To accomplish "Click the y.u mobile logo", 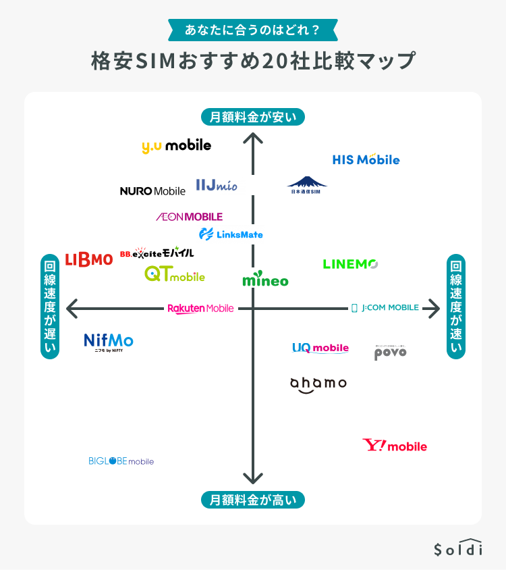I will click(176, 146).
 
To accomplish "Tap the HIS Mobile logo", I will click(366, 159).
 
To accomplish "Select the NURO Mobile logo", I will click(152, 191).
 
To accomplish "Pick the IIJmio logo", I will click(216, 185).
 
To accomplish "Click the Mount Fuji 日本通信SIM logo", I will click(307, 185).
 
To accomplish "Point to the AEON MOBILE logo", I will click(189, 217).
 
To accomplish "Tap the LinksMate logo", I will click(231, 234).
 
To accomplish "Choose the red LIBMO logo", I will click(89, 259).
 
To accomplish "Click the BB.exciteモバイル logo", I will click(157, 253).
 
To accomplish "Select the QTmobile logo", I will click(174, 275).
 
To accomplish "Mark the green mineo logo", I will click(265, 280).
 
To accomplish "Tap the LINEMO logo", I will click(350, 264).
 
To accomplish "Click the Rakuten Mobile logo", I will click(200, 309).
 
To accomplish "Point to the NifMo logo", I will click(109, 342).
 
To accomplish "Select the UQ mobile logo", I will click(320, 348).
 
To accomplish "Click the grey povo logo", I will click(390, 353).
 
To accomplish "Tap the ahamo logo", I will click(318, 384).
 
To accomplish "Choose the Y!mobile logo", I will click(395, 446).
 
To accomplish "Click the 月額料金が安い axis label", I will click(253, 117).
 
